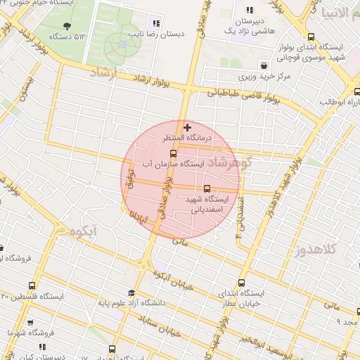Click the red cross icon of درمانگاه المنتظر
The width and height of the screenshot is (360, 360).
point(187,127)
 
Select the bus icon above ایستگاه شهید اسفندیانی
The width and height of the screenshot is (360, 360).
point(207,188)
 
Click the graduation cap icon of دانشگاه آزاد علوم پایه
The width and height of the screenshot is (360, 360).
point(131,293)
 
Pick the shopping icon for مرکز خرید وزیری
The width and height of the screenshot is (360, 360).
point(263,65)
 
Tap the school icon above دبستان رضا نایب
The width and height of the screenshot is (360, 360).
point(156,23)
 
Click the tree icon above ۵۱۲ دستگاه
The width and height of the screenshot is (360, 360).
point(67,26)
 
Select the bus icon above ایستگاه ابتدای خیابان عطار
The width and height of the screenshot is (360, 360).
point(242,282)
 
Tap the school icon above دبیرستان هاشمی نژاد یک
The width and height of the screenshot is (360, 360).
point(250,10)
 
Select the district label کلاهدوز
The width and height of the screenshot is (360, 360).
point(317,248)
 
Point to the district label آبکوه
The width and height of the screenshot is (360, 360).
point(84,231)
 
